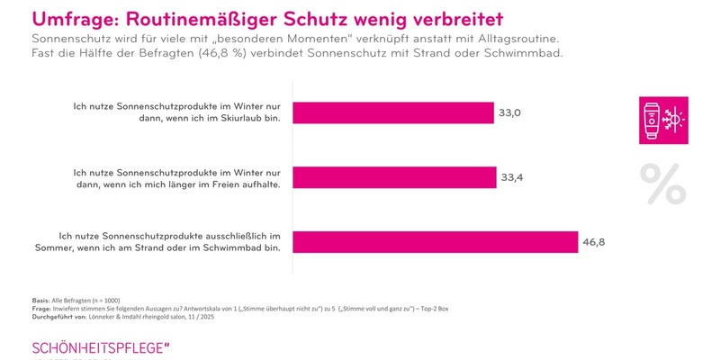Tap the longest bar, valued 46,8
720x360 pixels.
point(435,243)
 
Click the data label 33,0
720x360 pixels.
point(511,112)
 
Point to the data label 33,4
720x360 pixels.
point(511,178)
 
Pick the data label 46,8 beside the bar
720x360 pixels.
point(593,243)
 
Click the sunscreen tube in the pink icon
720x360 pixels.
point(652,119)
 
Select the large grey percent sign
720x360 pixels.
point(662,184)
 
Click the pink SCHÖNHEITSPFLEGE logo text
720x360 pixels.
point(100,347)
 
